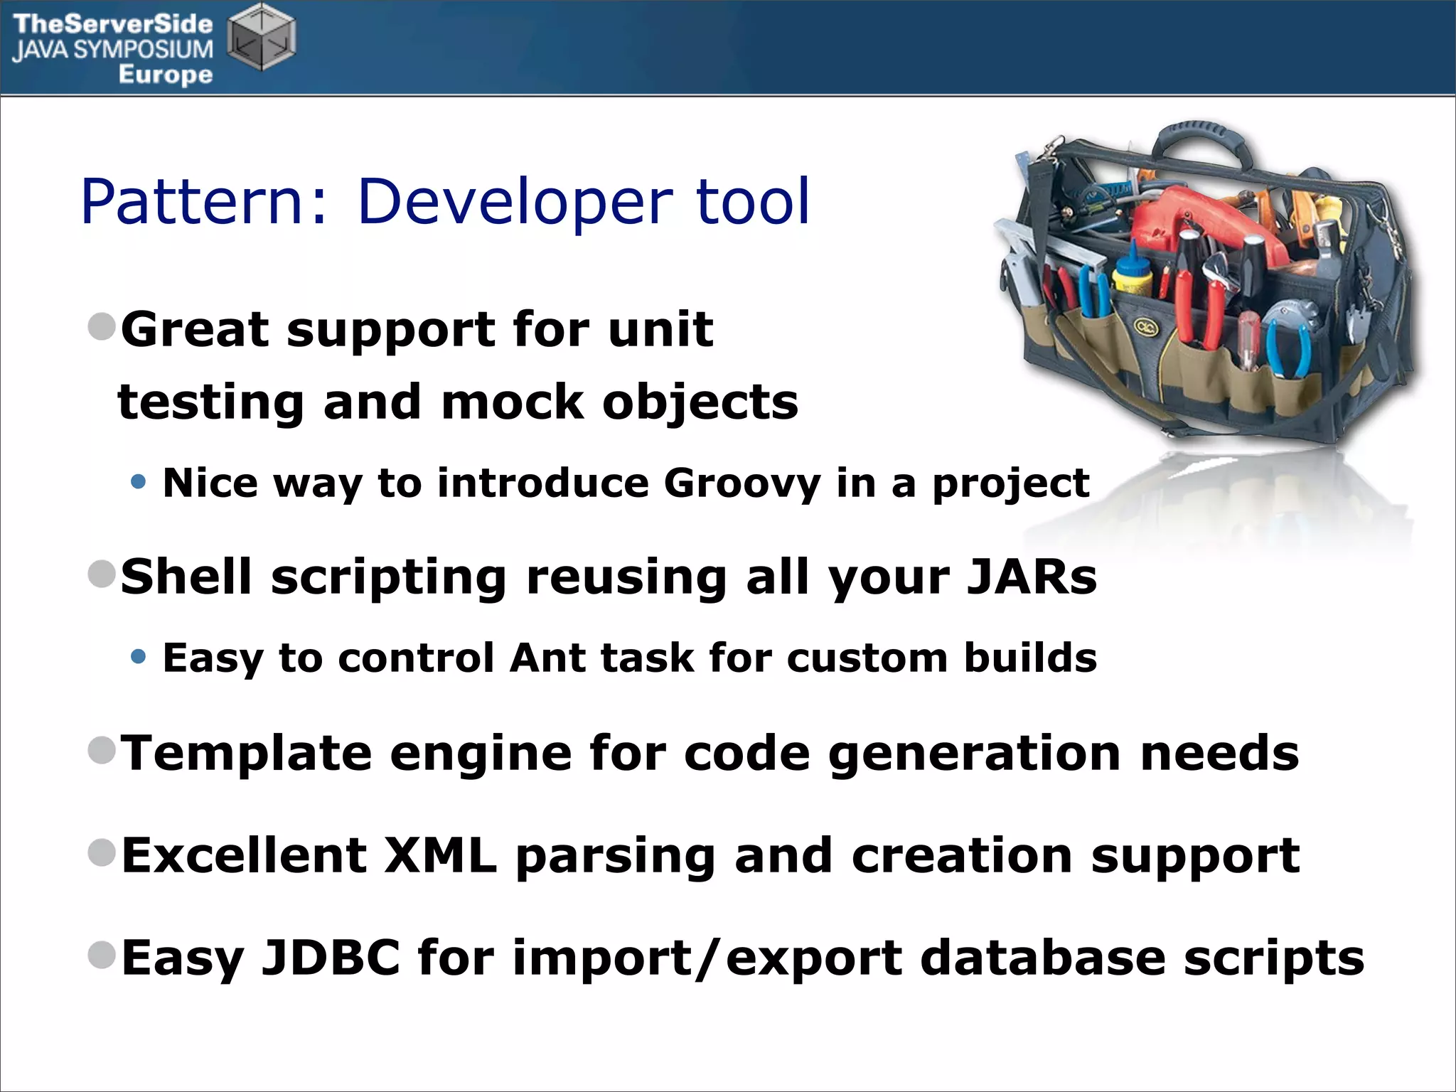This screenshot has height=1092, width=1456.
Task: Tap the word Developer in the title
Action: coord(513,203)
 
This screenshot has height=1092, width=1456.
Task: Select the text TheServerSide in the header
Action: coord(112,24)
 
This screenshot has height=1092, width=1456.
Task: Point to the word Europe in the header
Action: coord(165,74)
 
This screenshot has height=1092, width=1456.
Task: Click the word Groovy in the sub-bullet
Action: coord(742,483)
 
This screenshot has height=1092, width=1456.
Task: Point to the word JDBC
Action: coord(331,958)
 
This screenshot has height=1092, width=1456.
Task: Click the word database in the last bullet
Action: coord(1042,958)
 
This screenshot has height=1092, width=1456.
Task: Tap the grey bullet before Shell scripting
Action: coord(102,573)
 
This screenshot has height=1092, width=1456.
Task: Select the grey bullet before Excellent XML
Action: coord(102,852)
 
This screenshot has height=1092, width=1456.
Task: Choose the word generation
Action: coord(975,753)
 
